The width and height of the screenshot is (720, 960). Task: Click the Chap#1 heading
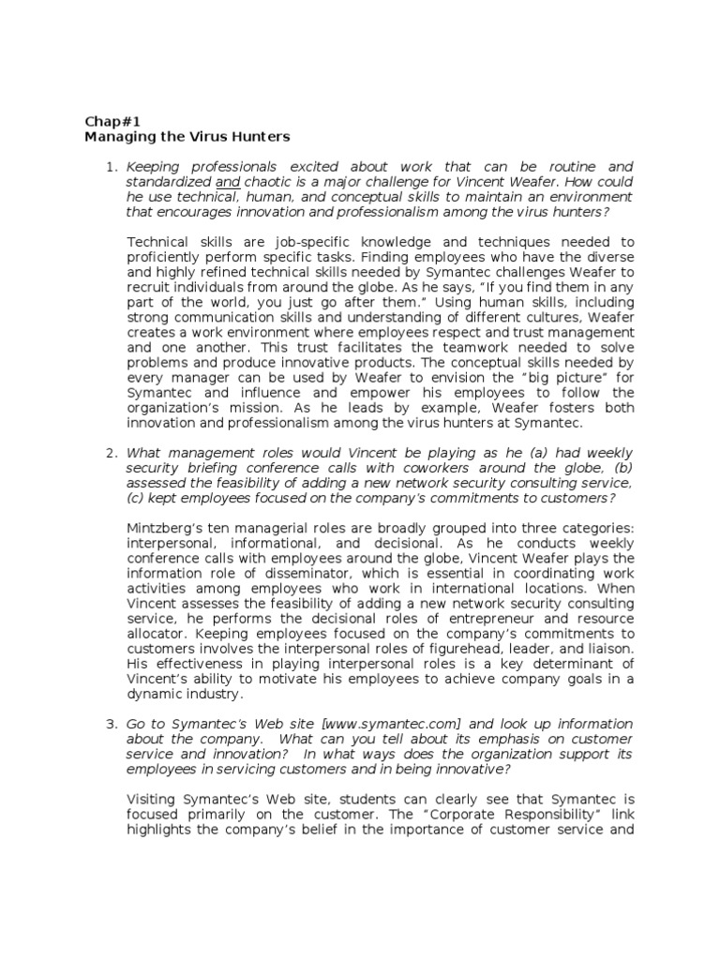109,120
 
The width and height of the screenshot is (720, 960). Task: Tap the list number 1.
110,167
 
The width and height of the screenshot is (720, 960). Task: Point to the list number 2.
110,453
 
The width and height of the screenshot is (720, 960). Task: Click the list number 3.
110,724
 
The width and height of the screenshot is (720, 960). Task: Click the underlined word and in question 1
228,182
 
